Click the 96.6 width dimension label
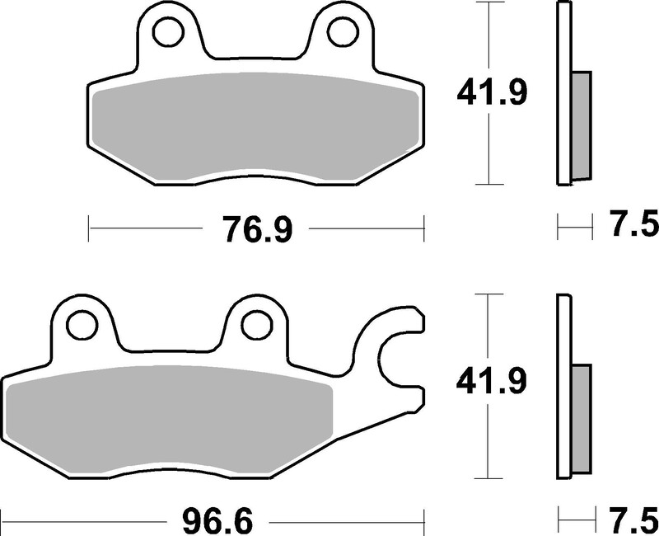(217, 522)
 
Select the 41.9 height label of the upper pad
(492, 94)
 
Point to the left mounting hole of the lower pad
(82, 324)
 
